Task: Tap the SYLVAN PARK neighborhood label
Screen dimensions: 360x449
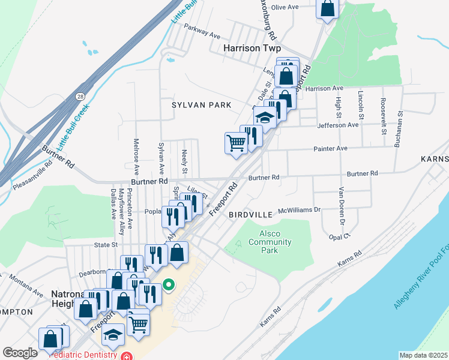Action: click(201, 105)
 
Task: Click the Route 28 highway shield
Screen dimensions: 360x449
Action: click(80, 96)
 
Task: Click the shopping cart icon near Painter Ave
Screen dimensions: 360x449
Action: click(236, 143)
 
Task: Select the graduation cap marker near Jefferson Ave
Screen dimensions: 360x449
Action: click(265, 116)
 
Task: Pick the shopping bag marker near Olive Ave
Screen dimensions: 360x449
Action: click(328, 8)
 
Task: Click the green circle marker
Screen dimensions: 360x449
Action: click(169, 284)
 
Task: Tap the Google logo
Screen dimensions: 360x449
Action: click(20, 353)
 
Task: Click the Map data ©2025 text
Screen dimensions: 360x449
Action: click(423, 355)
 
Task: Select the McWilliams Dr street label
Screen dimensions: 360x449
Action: click(301, 210)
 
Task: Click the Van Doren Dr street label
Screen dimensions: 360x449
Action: click(341, 206)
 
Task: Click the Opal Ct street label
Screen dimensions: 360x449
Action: click(339, 236)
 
